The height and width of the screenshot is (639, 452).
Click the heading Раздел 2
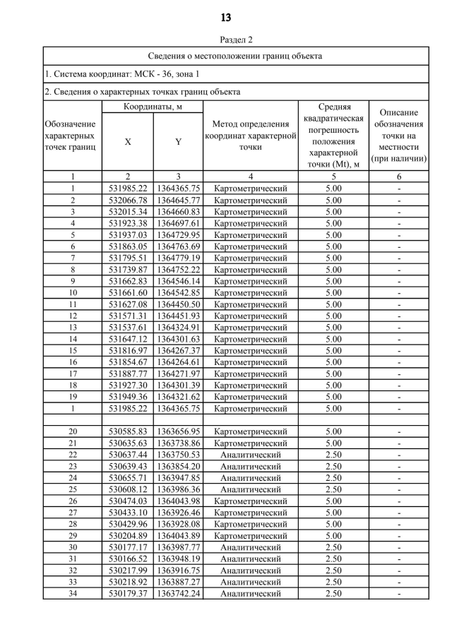226,40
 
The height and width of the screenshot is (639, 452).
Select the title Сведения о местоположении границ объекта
235,56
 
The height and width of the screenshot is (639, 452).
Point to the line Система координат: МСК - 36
121,73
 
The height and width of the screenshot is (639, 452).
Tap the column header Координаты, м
153,107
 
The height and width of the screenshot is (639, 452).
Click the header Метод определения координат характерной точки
251,136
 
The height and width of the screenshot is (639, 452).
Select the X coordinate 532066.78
128,200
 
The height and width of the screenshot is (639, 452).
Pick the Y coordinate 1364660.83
179,212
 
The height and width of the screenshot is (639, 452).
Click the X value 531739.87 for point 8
128,269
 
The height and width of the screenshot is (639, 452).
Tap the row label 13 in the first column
73,327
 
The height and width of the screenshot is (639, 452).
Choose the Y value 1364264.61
179,362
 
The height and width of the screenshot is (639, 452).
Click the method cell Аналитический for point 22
251,455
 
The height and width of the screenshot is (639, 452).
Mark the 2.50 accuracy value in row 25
333,489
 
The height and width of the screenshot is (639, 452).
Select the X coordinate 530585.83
128,431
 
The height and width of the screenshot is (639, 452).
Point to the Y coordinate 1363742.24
179,594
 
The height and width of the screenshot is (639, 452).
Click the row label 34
73,594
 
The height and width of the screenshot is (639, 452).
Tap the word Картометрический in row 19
251,396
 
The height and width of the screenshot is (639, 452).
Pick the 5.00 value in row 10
333,292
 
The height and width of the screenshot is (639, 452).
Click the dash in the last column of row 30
399,547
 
